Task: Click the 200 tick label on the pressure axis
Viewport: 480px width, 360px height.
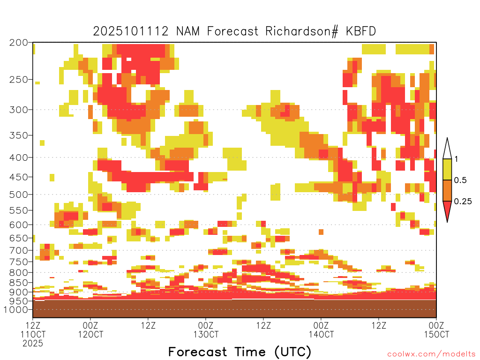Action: point(19,43)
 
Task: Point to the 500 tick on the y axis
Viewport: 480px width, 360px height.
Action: point(19,195)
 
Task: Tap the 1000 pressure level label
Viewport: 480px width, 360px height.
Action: point(16,309)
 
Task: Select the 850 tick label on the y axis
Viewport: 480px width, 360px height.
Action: point(19,282)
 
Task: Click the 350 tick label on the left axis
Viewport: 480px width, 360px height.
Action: point(19,135)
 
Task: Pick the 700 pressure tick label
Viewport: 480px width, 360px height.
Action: point(19,250)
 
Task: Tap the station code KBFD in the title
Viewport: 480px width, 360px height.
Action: point(361,31)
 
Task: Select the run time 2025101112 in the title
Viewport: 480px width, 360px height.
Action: point(131,31)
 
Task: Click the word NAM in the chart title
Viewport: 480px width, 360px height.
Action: point(187,31)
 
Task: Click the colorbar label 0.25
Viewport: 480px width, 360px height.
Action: point(463,201)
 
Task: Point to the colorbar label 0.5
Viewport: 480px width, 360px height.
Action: point(460,180)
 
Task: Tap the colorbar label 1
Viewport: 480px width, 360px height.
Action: point(456,159)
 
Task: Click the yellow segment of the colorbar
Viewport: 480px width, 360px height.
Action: point(447,169)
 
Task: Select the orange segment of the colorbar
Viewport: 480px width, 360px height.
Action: point(447,190)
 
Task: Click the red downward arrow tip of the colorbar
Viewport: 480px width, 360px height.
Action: point(447,222)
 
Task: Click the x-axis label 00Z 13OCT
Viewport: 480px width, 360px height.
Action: point(206,330)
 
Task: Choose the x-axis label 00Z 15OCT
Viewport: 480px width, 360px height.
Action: point(436,330)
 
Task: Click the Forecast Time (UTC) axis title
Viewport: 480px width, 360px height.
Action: point(240,352)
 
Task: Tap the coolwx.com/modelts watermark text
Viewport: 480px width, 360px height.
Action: point(432,354)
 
